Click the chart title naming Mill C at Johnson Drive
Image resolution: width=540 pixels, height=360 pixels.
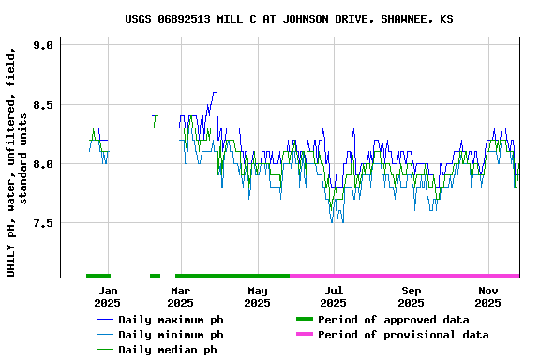289,19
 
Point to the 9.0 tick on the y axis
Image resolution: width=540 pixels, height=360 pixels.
43,45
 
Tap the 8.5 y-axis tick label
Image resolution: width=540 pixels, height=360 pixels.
43,105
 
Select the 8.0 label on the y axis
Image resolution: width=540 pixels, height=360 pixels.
43,164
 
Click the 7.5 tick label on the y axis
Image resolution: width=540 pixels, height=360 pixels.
43,223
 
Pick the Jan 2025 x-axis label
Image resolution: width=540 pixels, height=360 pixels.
107,296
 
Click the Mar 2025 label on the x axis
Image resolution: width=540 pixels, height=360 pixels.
181,296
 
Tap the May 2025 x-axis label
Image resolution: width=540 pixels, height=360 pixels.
257,296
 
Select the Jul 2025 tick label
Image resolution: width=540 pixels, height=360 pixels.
333,296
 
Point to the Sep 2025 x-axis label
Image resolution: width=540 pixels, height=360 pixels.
411,296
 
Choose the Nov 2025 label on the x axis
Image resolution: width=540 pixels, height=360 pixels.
487,296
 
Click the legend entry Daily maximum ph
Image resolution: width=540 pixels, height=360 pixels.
171,320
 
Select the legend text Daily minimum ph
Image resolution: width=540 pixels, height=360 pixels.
171,335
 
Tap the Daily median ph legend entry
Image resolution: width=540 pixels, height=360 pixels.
168,350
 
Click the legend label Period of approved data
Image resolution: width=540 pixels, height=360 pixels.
393,320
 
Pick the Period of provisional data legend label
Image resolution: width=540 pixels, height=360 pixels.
403,335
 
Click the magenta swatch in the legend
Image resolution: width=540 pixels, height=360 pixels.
305,335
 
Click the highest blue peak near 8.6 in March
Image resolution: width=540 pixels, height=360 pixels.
215,93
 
